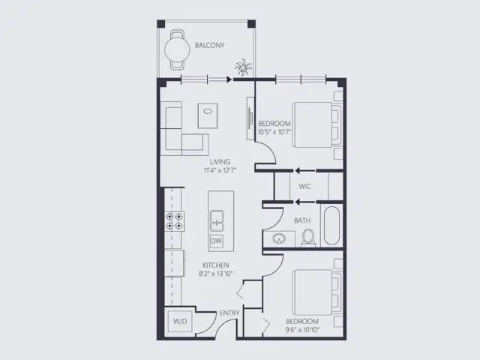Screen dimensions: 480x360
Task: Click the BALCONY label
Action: pyautogui.click(x=210, y=45)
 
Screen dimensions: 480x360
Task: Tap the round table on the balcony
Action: pyautogui.click(x=177, y=49)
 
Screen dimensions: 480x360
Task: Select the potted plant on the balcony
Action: pyautogui.click(x=243, y=67)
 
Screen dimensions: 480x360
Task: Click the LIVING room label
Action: pyautogui.click(x=220, y=162)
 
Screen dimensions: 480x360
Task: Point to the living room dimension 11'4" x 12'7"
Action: pyautogui.click(x=220, y=170)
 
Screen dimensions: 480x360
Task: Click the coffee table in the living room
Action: pyautogui.click(x=208, y=115)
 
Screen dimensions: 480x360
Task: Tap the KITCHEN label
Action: pyautogui.click(x=215, y=265)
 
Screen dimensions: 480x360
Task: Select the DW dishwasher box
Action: pyautogui.click(x=217, y=241)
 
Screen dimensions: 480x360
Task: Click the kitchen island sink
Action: pyautogui.click(x=217, y=220)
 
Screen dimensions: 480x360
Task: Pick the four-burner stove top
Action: pyautogui.click(x=175, y=222)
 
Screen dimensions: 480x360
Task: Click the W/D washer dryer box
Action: pyautogui.click(x=180, y=322)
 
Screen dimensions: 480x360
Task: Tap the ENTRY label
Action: pyautogui.click(x=229, y=313)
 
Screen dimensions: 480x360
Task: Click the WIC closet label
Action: pyautogui.click(x=304, y=186)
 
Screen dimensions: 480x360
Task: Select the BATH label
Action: pyautogui.click(x=302, y=220)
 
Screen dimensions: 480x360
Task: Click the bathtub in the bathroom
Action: pyautogui.click(x=331, y=226)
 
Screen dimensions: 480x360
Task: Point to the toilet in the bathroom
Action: pyautogui.click(x=308, y=238)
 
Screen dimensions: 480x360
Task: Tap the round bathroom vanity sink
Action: pyautogui.click(x=278, y=238)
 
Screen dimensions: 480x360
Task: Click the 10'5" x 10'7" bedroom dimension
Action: pyautogui.click(x=274, y=132)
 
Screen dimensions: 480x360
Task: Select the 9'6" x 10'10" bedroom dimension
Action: pyautogui.click(x=302, y=330)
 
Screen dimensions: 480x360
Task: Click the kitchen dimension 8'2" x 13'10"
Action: pyautogui.click(x=216, y=274)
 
